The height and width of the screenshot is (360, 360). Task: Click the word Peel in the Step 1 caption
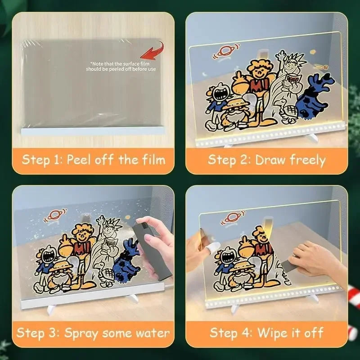click(81, 159)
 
